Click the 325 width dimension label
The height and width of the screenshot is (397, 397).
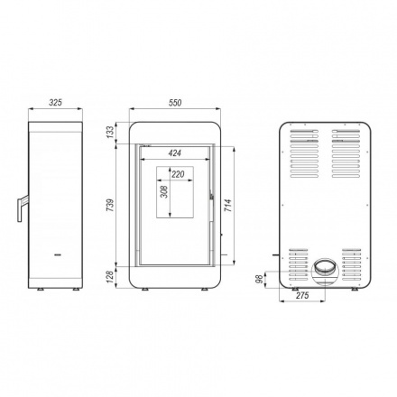click(x=56, y=103)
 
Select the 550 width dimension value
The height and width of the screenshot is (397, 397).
click(x=175, y=103)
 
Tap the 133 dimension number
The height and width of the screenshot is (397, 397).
click(x=111, y=132)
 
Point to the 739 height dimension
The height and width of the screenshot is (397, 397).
click(x=111, y=205)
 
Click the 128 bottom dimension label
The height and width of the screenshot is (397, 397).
click(x=111, y=277)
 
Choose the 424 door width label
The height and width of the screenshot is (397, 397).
click(x=175, y=153)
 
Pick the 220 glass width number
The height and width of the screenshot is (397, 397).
click(x=178, y=174)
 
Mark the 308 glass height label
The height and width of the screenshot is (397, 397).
click(x=164, y=191)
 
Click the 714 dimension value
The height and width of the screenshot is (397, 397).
click(x=228, y=206)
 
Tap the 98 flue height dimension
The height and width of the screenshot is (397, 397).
click(x=259, y=279)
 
